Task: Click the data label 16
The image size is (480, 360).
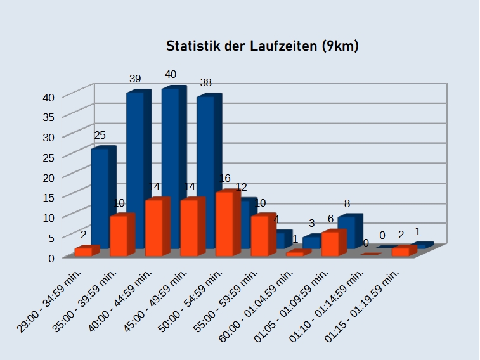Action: (224, 178)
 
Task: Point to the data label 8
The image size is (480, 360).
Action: (347, 203)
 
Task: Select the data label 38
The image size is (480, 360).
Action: (205, 82)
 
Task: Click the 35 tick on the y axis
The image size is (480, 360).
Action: (49, 117)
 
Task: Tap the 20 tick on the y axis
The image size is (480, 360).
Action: (49, 177)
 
